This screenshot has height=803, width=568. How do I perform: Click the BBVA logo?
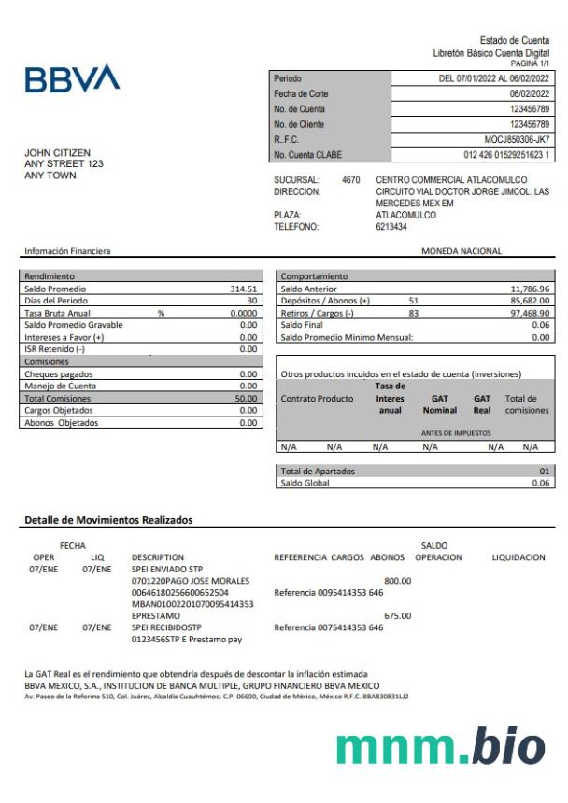pyautogui.click(x=72, y=78)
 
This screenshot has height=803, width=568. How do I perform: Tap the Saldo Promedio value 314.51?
pyautogui.click(x=243, y=289)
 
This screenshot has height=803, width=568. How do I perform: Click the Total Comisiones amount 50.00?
pyautogui.click(x=247, y=398)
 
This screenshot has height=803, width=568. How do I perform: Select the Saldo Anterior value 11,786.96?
pyautogui.click(x=530, y=289)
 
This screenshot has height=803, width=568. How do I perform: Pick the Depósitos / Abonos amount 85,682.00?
pyautogui.click(x=530, y=301)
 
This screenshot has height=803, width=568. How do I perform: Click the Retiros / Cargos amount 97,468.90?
pyautogui.click(x=530, y=313)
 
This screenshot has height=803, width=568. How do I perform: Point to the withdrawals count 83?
pyautogui.click(x=413, y=313)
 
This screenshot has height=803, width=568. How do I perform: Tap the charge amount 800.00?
pyautogui.click(x=397, y=581)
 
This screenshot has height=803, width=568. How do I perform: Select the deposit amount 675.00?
pyautogui.click(x=397, y=616)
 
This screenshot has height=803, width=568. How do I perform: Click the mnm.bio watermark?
pyautogui.click(x=440, y=746)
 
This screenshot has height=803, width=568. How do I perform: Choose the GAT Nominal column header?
pyautogui.click(x=439, y=404)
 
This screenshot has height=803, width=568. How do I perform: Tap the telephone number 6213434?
pyautogui.click(x=391, y=227)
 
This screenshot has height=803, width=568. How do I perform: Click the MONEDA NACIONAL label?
pyautogui.click(x=461, y=251)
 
